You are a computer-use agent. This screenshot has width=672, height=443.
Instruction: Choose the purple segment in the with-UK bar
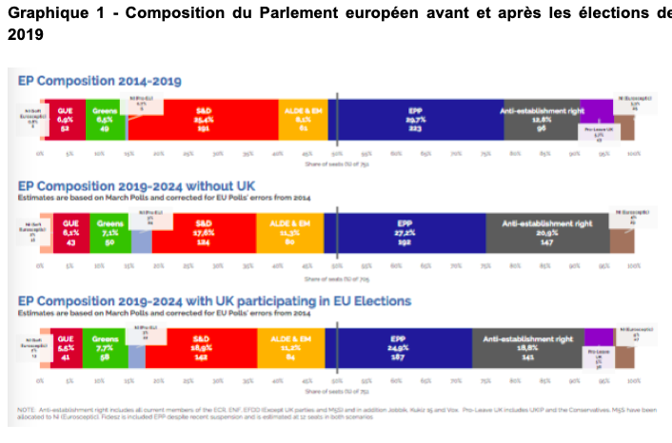click(x=598, y=337)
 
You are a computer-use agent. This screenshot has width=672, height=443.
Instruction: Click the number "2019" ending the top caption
click(x=24, y=33)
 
